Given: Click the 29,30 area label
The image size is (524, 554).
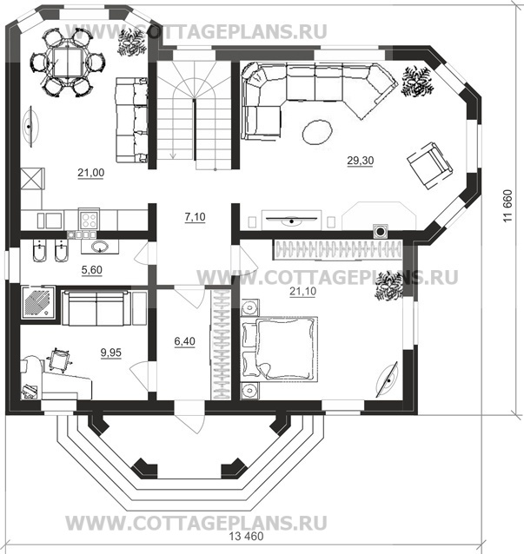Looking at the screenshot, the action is pyautogui.click(x=361, y=161).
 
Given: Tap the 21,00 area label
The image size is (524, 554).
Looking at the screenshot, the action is pyautogui.click(x=91, y=173).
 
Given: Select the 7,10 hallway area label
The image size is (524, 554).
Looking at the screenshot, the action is pyautogui.click(x=196, y=217).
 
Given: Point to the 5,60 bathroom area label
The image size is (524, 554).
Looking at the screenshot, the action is pyautogui.click(x=92, y=270).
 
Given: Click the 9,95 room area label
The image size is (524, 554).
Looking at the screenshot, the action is pyautogui.click(x=111, y=353).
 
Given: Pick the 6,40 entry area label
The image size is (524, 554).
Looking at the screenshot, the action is pyautogui.click(x=184, y=341).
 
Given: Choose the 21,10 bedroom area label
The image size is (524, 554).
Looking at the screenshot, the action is pyautogui.click(x=303, y=292).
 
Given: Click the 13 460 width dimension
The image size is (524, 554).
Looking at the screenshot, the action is pyautogui.click(x=246, y=537).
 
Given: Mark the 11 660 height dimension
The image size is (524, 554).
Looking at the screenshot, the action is pyautogui.click(x=507, y=206).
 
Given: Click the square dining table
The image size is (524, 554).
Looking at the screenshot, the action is pyautogui.click(x=68, y=63).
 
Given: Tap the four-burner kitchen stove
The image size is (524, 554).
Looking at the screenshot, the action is pyautogui.click(x=89, y=220).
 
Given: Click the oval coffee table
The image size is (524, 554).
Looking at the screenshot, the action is pyautogui.click(x=317, y=132).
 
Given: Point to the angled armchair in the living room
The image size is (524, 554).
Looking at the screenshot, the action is pyautogui.click(x=430, y=166).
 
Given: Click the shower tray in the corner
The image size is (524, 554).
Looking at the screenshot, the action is pyautogui.click(x=38, y=302).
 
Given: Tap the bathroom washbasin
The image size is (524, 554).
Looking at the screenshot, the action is pyautogui.click(x=100, y=247).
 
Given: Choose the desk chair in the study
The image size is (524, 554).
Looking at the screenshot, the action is pyautogui.click(x=59, y=359).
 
